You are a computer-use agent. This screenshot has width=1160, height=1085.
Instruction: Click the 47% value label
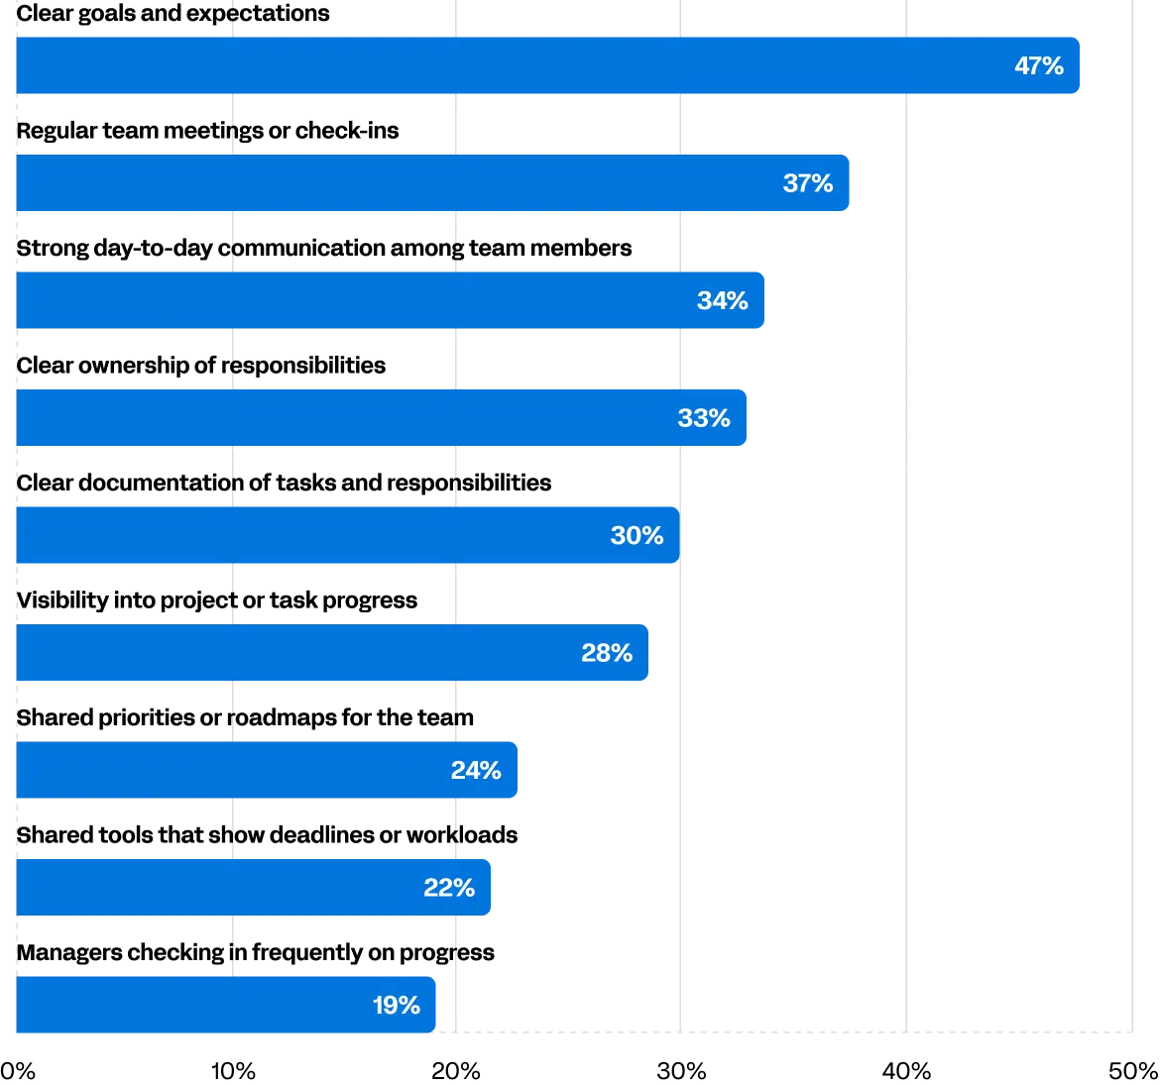pos(1039,65)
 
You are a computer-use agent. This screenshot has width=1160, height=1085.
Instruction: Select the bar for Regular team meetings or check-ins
pos(432,182)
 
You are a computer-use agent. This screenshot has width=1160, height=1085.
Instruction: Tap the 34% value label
pos(722,300)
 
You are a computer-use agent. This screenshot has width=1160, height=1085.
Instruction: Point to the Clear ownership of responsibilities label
pos(200,366)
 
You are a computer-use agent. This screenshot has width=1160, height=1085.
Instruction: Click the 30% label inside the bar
pos(637,535)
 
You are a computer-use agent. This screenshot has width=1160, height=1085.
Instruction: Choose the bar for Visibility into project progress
pos(332,652)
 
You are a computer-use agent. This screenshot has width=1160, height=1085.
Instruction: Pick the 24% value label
pos(476,770)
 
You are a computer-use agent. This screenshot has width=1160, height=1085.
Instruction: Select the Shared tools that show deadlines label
pos(267,834)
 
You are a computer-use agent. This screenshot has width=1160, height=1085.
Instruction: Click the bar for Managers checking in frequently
pos(226,1005)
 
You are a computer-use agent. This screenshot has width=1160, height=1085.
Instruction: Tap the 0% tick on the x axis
pos(18,1071)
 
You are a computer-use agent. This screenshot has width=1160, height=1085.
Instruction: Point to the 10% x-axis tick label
pos(233,1071)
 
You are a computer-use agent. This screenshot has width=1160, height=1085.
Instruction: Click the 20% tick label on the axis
pos(456,1071)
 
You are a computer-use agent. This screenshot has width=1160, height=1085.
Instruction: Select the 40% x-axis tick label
pos(906,1071)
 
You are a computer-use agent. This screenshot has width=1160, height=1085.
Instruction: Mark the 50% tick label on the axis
pos(1132,1071)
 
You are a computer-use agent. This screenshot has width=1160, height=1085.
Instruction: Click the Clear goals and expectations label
pos(173,13)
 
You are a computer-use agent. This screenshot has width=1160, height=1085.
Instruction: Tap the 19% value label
pos(396,1005)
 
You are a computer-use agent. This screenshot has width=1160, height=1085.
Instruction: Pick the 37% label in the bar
pos(808,182)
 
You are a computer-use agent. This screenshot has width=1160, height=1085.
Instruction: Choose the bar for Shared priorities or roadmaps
pos(267,770)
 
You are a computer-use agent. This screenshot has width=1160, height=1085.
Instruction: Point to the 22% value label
pos(449,888)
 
